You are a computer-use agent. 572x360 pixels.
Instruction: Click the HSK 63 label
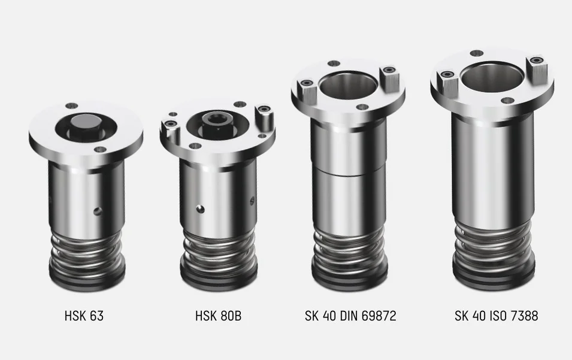[x=84, y=316]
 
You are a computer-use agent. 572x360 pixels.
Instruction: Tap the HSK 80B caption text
[x=218, y=316]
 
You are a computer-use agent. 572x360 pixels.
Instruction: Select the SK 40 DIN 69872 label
[x=350, y=316]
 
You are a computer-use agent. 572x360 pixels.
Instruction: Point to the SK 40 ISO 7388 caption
[x=496, y=316]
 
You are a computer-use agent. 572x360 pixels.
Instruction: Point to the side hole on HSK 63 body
[x=97, y=210]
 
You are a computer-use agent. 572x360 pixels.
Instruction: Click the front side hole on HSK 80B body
[x=199, y=209]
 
